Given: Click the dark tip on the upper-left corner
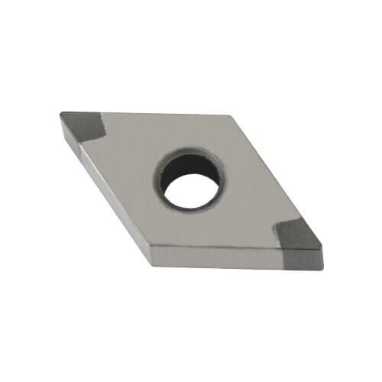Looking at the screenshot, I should pos(80,124).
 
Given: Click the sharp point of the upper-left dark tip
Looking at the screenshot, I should pos(60,114).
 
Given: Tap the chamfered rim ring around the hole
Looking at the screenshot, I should pos(163,187).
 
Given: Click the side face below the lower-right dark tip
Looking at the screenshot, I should pos(302,264).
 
